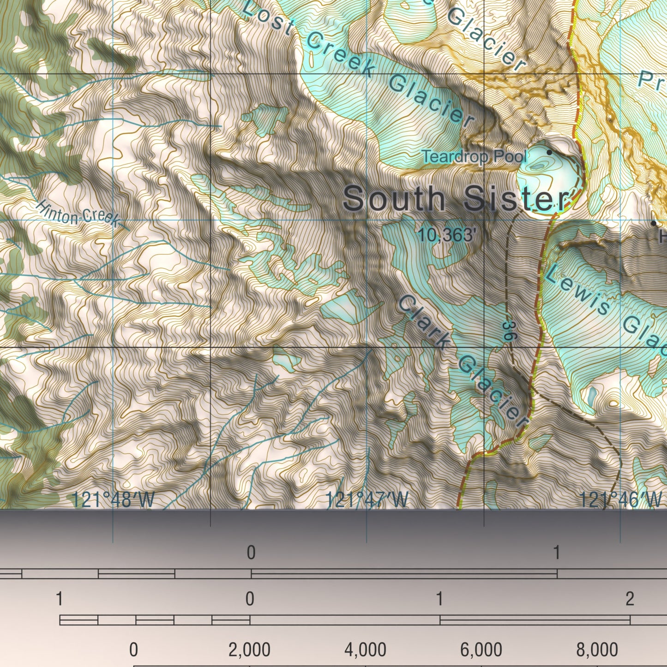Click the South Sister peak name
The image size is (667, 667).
point(456,198)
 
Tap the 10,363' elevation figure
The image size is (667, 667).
point(446,235)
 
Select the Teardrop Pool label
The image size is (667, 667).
point(475,157)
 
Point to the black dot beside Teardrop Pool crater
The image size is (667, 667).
point(549,152)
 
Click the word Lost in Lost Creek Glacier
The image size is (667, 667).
point(267,18)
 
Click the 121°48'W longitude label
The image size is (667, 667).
point(113,500)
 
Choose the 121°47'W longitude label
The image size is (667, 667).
point(367,500)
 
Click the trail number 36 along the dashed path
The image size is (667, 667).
point(508,331)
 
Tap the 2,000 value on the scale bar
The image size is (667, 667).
point(249,650)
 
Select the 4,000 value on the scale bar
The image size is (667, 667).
point(365,650)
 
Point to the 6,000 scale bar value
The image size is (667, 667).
point(481,650)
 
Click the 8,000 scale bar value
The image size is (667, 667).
point(597,650)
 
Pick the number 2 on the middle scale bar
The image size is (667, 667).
point(630,599)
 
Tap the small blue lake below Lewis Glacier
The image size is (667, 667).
point(591,396)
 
